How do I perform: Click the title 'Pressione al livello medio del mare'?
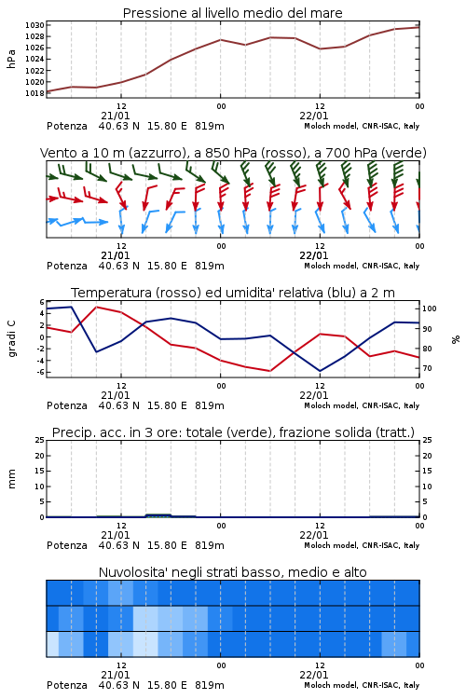click(232, 13)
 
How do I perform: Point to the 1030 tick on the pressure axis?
click(34, 25)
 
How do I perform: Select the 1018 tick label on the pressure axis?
click(34, 93)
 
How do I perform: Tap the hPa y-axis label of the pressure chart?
click(11, 59)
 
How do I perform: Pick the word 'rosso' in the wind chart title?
click(278, 153)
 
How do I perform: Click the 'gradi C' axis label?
click(12, 339)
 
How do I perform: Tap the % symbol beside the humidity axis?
click(456, 339)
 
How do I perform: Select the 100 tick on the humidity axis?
click(429, 308)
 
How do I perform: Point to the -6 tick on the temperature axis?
click(41, 372)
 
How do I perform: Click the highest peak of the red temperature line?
click(97, 307)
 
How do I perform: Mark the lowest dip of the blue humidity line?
click(320, 371)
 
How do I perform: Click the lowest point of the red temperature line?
click(269, 371)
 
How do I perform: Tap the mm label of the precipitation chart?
click(12, 479)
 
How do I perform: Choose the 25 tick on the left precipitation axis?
click(40, 440)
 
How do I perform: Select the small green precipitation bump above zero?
click(158, 515)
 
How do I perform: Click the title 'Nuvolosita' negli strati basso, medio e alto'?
click(232, 572)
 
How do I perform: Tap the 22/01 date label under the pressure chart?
click(313, 116)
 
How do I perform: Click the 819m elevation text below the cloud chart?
click(210, 685)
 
